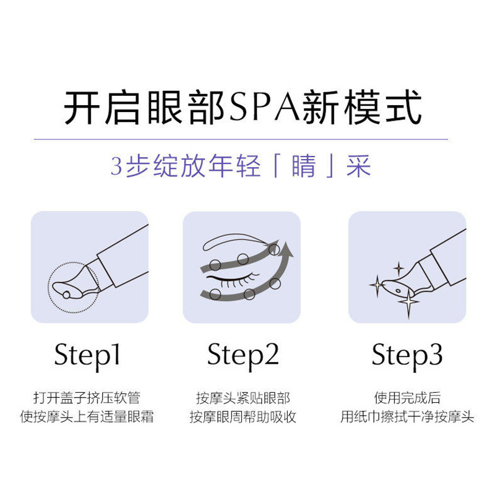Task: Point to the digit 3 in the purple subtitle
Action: (x=116, y=166)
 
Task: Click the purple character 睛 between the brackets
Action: (x=304, y=166)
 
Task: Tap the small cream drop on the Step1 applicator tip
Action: (x=66, y=295)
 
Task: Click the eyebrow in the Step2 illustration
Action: (x=235, y=241)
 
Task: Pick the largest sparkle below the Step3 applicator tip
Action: (x=408, y=303)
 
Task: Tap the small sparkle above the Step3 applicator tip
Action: (x=398, y=269)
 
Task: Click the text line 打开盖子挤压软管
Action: (x=87, y=398)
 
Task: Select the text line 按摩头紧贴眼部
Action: (x=243, y=398)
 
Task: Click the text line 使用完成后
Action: (x=407, y=398)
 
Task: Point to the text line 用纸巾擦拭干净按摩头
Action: (x=407, y=416)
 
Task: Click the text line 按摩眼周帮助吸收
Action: (x=243, y=416)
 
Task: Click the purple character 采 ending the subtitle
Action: (x=359, y=166)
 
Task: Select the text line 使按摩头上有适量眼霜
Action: (x=87, y=416)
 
